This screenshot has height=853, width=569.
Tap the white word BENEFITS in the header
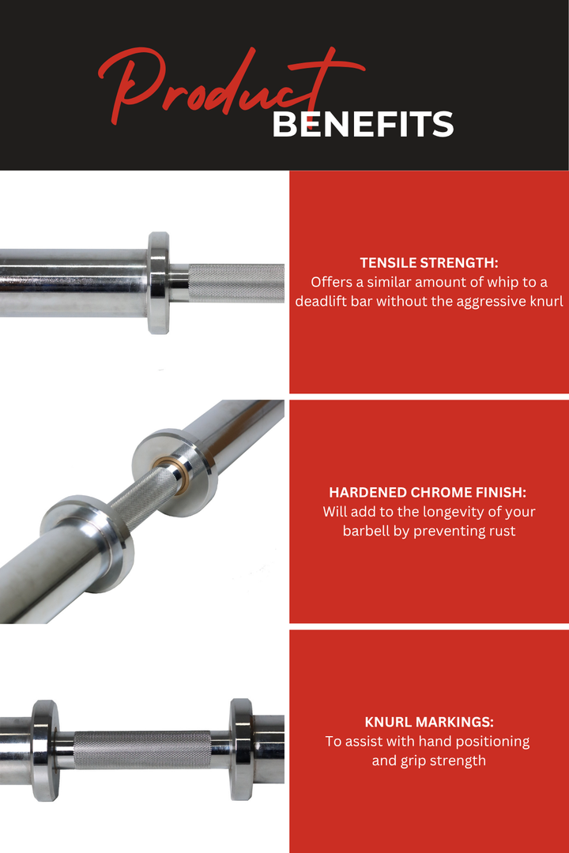coord(363,125)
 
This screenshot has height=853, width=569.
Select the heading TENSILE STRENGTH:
coord(429,263)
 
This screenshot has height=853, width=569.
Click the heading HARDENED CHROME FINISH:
coord(429,492)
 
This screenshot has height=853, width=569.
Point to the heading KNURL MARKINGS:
coord(429,722)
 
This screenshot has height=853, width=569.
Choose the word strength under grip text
coord(458,761)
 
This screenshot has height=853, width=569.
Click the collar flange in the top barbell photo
coord(159,282)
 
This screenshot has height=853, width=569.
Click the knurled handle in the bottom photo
coord(142,750)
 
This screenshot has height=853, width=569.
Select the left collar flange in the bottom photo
coord(44,750)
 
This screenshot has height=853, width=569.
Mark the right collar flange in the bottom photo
coord(240,750)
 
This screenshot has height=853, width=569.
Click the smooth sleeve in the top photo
coord(71,282)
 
